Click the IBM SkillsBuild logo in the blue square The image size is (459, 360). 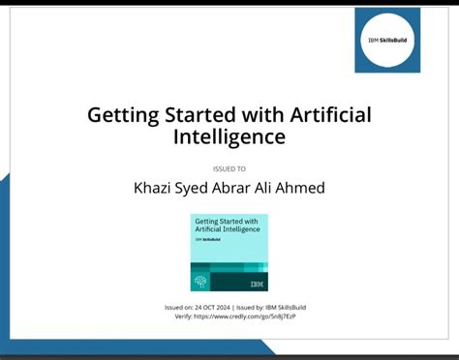387,41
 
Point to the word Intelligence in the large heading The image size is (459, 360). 229,137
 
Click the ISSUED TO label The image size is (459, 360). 229,168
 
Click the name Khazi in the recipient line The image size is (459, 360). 155,188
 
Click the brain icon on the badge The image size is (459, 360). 201,282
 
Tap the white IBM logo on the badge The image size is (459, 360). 256,283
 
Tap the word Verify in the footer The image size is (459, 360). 183,316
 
